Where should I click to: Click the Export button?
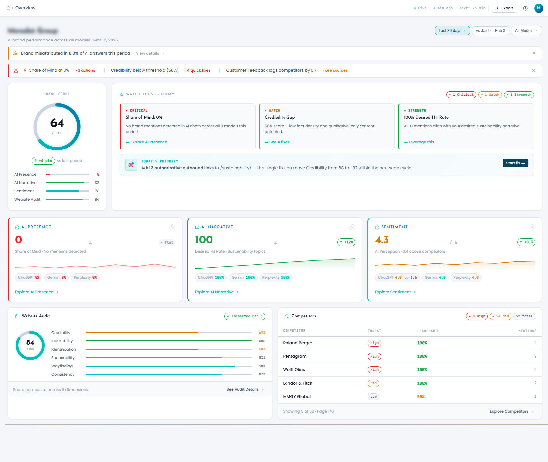504,8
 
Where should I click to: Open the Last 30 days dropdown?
452,31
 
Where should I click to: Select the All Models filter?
526,31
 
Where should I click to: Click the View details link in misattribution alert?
150,53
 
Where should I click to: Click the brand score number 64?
57,123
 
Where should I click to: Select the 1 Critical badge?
461,95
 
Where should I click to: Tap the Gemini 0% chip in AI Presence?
57,278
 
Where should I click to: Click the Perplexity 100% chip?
276,278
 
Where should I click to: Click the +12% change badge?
346,242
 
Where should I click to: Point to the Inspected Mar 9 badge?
245,316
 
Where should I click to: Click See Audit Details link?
245,389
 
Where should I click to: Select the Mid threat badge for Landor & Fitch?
373,383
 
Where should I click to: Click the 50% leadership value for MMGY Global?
421,397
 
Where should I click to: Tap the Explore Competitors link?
511,411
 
